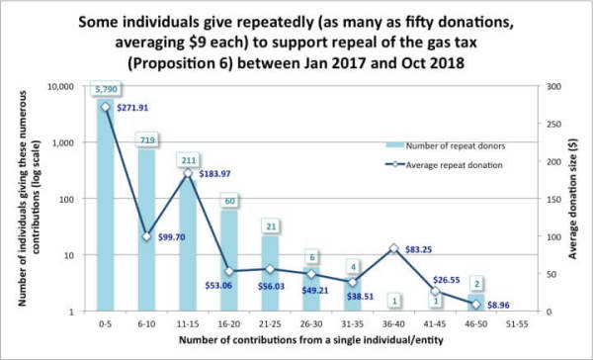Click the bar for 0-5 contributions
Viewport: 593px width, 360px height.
coord(106,205)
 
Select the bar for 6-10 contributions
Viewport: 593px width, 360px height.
coord(146,230)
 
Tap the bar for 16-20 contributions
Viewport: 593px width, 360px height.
coord(229,261)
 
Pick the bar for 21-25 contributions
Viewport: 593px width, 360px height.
coord(271,274)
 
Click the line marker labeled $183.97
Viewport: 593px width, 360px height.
coord(188,173)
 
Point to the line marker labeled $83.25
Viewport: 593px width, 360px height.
coord(393,248)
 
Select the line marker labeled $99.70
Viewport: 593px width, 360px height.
coord(146,236)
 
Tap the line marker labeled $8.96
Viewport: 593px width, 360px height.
coord(476,305)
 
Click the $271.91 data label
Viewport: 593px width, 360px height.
coord(132,108)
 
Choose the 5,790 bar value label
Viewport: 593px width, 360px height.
coord(106,89)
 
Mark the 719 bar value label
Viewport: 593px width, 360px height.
coord(147,140)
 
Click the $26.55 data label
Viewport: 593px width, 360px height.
coord(447,280)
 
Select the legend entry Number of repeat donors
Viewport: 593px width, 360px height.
coord(445,145)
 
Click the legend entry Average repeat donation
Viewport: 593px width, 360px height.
coord(444,165)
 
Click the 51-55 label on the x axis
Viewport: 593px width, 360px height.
coord(517,324)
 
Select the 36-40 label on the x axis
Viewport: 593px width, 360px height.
coord(393,324)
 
